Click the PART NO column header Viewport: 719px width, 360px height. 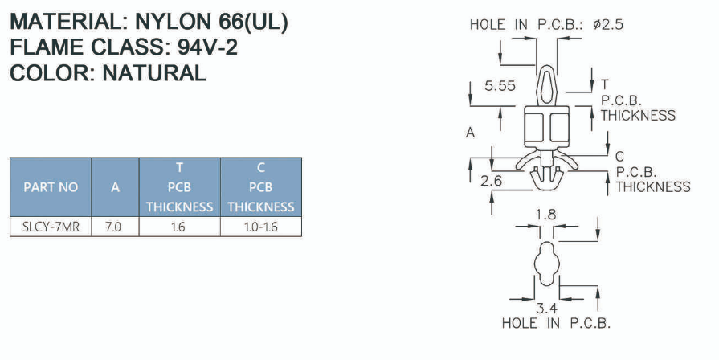click(51, 187)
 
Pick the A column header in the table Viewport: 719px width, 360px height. click(115, 187)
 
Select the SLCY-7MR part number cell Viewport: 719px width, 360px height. click(51, 227)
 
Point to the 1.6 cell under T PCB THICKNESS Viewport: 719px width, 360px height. click(178, 227)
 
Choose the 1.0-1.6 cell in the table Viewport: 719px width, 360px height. click(260, 227)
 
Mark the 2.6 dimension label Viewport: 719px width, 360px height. click(492, 182)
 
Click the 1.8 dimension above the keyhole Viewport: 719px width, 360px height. click(545, 215)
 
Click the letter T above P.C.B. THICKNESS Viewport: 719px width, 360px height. click(604, 84)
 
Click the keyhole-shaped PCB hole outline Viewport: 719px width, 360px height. click(546, 262)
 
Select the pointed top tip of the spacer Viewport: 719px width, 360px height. click(546, 68)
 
